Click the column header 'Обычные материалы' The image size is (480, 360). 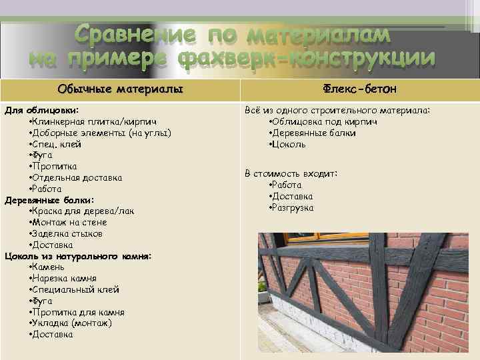(x=120, y=89)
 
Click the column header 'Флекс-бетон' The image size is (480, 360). (x=361, y=89)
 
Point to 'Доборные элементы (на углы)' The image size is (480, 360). (x=100, y=133)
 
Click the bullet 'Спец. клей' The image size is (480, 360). (x=56, y=144)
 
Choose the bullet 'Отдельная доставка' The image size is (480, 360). (x=75, y=177)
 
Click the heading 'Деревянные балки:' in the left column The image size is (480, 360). (x=49, y=200)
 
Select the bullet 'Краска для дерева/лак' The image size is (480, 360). (x=81, y=211)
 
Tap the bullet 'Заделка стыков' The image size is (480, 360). (x=66, y=233)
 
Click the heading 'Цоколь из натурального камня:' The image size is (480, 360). (x=78, y=256)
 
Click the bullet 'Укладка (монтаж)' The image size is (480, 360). (x=71, y=323)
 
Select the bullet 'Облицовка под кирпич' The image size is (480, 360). (x=323, y=121)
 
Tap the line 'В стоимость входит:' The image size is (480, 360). (x=291, y=173)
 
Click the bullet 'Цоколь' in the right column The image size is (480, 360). (x=287, y=144)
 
